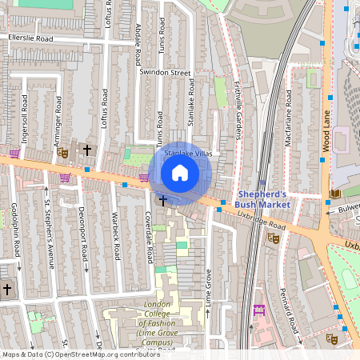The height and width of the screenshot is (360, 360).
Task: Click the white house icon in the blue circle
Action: pyautogui.click(x=180, y=173)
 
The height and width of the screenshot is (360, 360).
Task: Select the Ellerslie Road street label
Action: pyautogui.click(x=30, y=38)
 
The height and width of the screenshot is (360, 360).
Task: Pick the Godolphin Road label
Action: pyautogui.click(x=17, y=232)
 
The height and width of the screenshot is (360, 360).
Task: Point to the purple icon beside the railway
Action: pyautogui.click(x=258, y=310)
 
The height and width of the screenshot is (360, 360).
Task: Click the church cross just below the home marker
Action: pyautogui.click(x=162, y=200)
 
